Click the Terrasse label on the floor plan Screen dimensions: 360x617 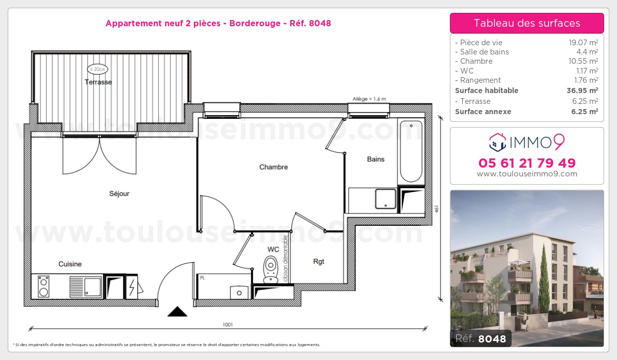(x=98, y=82)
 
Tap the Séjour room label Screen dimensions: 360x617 (x=119, y=194)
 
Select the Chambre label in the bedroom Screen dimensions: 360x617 (x=274, y=167)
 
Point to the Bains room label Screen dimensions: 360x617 (x=376, y=159)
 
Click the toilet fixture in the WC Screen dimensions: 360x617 (x=270, y=269)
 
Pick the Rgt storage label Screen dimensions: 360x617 (x=319, y=261)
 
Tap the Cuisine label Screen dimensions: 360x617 (x=70, y=264)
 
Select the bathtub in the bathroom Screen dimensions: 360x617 (x=411, y=151)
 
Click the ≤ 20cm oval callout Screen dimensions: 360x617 (x=97, y=69)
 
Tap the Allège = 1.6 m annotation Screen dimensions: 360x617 (x=369, y=99)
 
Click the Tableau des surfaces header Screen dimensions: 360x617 (x=527, y=23)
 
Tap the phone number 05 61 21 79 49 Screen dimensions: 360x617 (x=527, y=163)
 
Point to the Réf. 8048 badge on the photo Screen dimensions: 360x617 (x=481, y=338)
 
